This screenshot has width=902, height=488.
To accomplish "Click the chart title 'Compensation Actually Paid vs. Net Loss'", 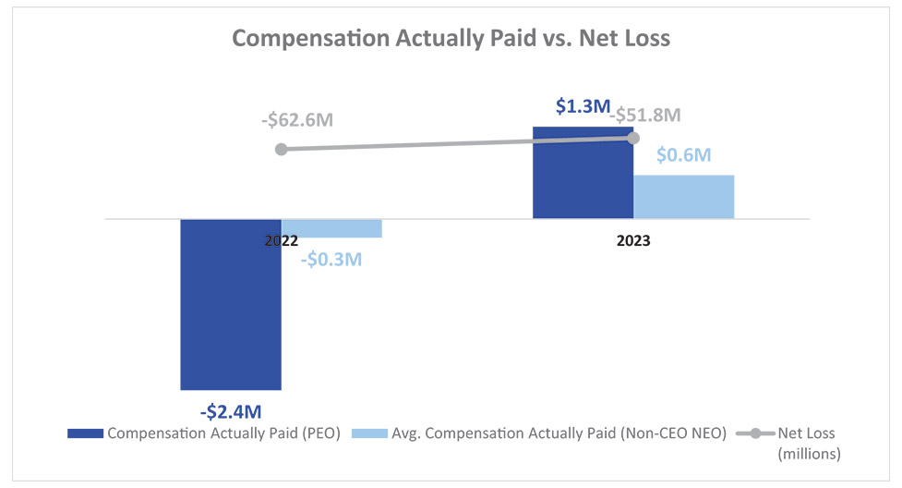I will tap(451, 39).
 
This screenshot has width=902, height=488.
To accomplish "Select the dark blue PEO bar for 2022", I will tap(231, 304).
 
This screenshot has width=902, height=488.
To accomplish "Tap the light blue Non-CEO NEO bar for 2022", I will tap(331, 228).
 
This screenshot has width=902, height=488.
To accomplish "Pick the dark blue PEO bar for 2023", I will tap(583, 173).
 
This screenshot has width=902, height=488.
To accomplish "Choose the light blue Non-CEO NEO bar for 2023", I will tap(684, 197).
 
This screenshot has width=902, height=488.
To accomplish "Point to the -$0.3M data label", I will tap(331, 259).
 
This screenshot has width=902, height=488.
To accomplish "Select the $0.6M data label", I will tap(684, 155).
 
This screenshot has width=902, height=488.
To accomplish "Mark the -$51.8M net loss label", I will tap(646, 116).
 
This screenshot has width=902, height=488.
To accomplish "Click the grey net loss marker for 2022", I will tap(282, 149).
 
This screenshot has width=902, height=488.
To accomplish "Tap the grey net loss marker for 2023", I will tap(633, 138).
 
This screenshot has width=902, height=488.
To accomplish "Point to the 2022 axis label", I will tap(281, 240).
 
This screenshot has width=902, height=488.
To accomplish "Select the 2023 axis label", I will tap(633, 240).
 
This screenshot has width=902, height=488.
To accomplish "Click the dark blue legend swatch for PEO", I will tap(85, 433).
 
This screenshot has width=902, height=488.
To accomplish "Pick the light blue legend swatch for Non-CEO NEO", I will tap(367, 433).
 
